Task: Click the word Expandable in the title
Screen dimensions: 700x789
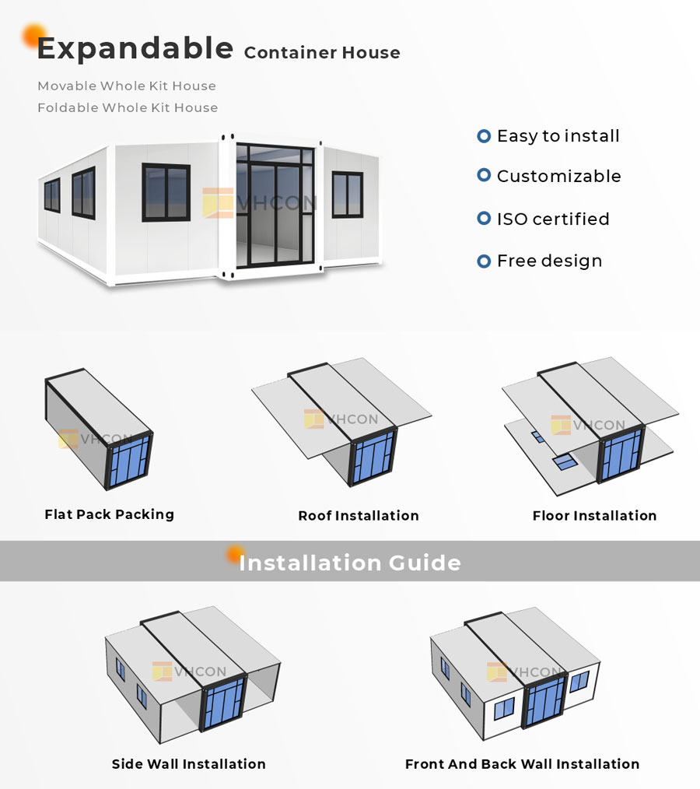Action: [135, 49]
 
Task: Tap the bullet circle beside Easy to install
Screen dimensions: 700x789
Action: [484, 136]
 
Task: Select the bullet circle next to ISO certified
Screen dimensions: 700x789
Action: [484, 219]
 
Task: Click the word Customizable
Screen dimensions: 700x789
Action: [558, 176]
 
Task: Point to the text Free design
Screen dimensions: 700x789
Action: [549, 261]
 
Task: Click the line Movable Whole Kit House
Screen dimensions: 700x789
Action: [127, 86]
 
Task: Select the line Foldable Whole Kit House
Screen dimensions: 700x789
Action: [128, 107]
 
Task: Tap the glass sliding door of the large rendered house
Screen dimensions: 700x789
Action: [275, 205]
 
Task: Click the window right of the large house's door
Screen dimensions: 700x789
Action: [348, 195]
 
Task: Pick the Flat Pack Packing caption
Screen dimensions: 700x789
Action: [109, 514]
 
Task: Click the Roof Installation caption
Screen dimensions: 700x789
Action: [358, 516]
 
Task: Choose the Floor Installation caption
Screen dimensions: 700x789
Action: [594, 516]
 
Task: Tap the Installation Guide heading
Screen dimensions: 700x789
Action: [350, 563]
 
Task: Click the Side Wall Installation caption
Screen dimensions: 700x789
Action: [188, 764]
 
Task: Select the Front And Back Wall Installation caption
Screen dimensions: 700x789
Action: [522, 764]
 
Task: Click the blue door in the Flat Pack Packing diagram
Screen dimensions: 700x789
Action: [129, 461]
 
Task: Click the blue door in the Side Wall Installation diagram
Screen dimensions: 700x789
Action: [224, 703]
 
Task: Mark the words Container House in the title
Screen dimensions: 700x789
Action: [322, 53]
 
